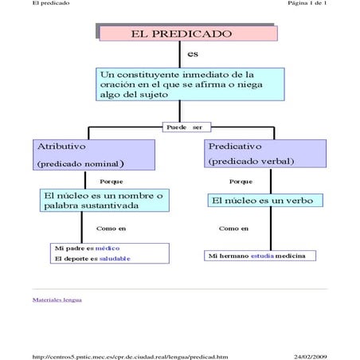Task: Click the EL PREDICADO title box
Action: pyautogui.click(x=187, y=33)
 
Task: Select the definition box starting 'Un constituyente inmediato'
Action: pyautogui.click(x=188, y=84)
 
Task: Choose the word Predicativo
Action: pyautogui.click(x=237, y=147)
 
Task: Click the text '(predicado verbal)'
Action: pyautogui.click(x=251, y=162)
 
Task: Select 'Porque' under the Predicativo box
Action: pyautogui.click(x=241, y=182)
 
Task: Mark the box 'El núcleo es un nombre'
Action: pyautogui.click(x=104, y=200)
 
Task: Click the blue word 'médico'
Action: pyautogui.click(x=107, y=248)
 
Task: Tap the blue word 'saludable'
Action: pyautogui.click(x=115, y=259)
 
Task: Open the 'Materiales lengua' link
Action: pyautogui.click(x=57, y=300)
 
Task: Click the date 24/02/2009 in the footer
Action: pyautogui.click(x=310, y=356)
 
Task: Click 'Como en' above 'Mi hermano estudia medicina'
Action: pyautogui.click(x=234, y=229)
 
